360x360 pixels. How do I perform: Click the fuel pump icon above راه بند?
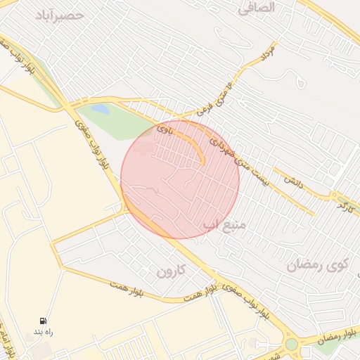44,320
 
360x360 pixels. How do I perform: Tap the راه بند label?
44,331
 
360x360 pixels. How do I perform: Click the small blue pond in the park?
101,109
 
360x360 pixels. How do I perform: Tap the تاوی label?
163,129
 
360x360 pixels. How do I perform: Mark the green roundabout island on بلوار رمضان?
291,344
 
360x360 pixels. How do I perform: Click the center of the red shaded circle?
180,179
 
